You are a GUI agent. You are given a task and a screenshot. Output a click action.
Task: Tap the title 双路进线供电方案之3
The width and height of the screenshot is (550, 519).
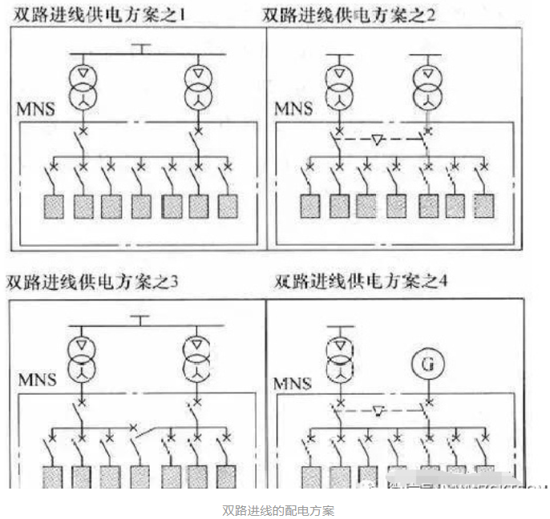91,281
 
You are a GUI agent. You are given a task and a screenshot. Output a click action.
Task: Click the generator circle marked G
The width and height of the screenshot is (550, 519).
427,364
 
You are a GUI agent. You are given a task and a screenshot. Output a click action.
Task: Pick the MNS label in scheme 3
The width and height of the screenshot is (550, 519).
37,377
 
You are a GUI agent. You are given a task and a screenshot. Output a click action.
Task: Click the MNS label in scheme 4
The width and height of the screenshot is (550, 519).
293,384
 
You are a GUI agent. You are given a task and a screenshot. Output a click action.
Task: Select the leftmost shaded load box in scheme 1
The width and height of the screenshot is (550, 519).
54,206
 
